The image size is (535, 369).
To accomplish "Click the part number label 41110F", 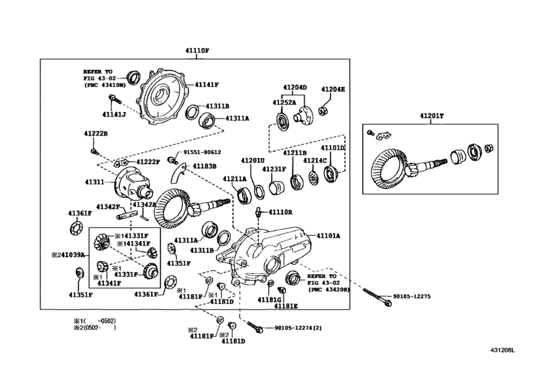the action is (197, 51).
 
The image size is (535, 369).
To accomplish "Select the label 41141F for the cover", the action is (206, 85).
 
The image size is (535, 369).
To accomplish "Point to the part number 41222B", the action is (96, 134).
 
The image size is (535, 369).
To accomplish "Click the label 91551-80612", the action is (202, 152).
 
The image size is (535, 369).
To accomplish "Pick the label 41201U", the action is (253, 160).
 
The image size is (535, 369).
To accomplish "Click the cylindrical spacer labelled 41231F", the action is (276, 188).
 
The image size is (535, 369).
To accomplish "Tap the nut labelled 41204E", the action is (323, 111).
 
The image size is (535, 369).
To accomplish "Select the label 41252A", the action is (284, 102).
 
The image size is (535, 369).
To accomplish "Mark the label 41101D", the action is (332, 148).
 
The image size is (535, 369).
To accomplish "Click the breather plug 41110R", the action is (259, 213).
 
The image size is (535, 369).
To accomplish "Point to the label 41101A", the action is (329, 236).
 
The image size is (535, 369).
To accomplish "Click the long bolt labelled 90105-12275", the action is (377, 297).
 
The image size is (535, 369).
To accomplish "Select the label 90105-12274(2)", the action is (298, 328).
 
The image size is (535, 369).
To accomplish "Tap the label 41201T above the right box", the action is (431, 116).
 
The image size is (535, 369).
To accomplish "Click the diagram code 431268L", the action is (502, 350).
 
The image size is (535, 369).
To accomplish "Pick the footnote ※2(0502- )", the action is (95, 327).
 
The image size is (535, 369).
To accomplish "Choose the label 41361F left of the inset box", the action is (80, 213).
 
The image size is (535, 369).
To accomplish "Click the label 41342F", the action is (108, 207).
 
